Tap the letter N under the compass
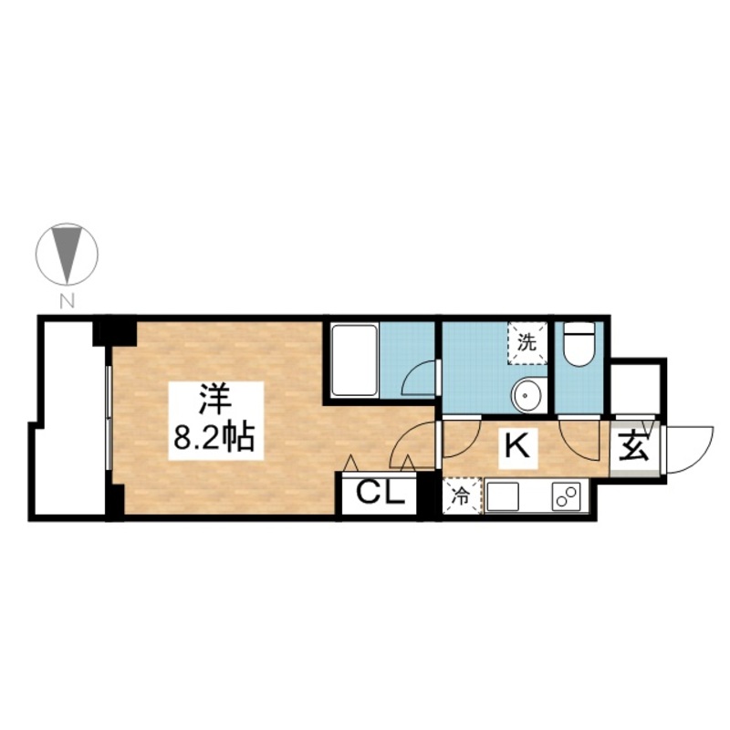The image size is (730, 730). (68, 302)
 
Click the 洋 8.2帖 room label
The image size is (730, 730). (215, 421)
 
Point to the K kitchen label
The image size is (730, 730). (518, 446)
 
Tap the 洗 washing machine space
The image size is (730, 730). (527, 343)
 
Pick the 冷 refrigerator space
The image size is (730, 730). (462, 495)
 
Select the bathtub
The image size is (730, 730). (355, 360)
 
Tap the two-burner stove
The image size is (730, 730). (566, 496)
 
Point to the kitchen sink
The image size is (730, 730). (503, 496)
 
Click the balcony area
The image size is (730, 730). (70, 419)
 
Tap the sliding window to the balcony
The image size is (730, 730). (108, 418)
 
